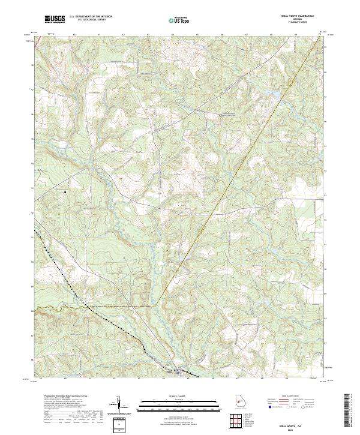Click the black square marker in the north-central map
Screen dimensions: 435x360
(221, 115)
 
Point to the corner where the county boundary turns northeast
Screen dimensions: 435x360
(155, 306)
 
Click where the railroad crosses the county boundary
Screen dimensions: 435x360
(91, 307)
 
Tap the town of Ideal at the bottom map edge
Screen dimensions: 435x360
(178, 373)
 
